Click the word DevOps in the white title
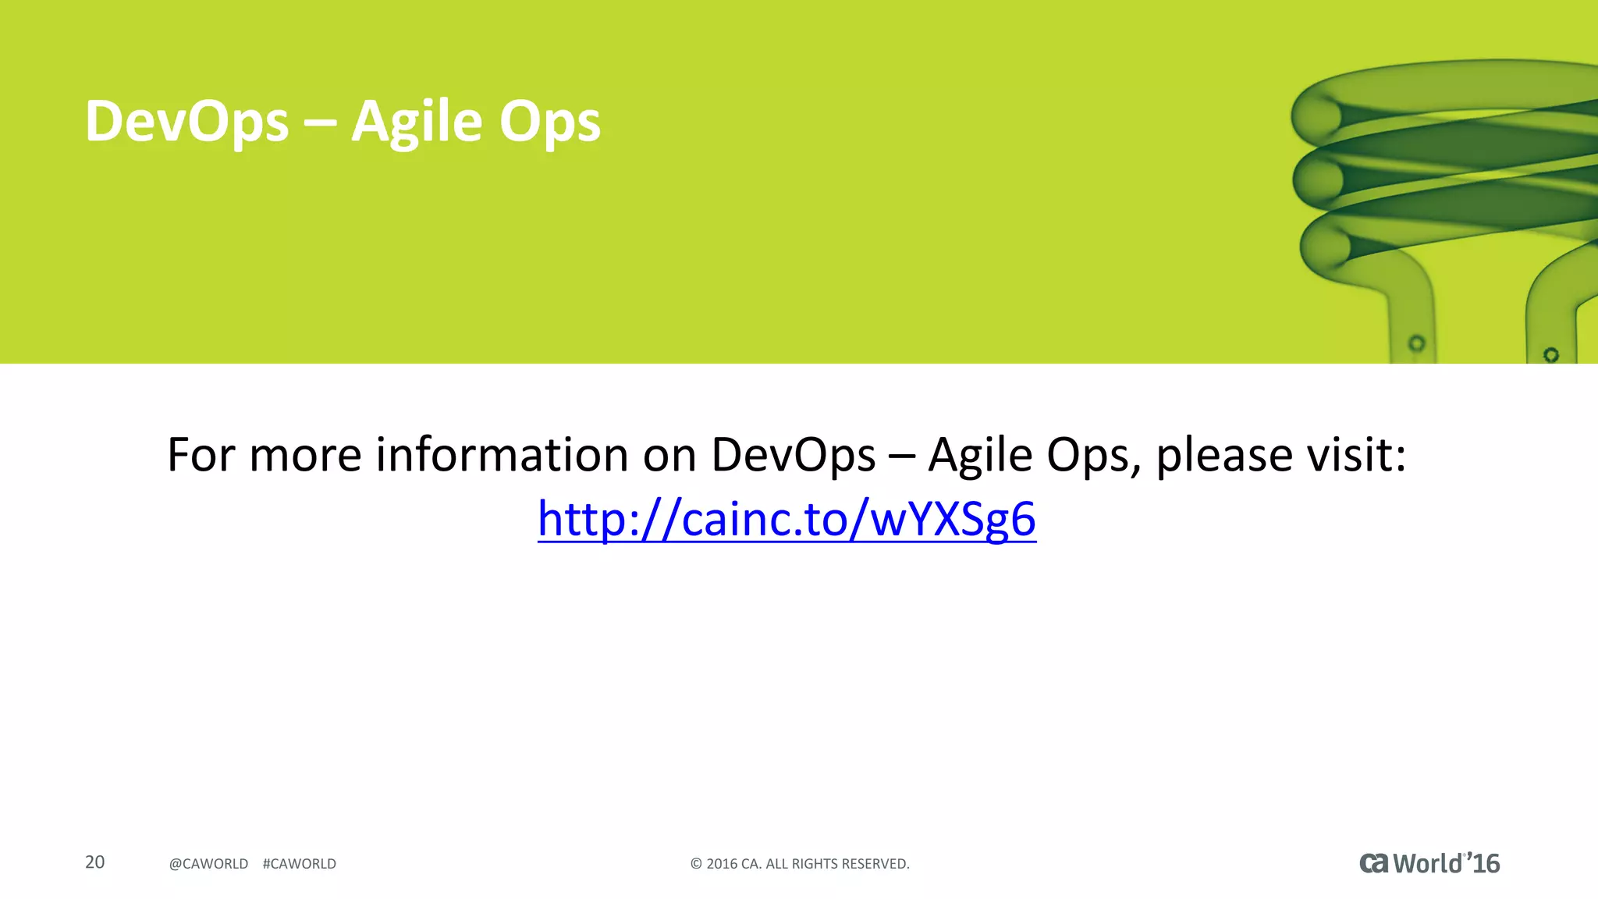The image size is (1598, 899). pyautogui.click(x=186, y=122)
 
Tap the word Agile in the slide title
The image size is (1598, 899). pyautogui.click(x=417, y=122)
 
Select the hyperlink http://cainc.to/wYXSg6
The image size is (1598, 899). pyautogui.click(x=787, y=519)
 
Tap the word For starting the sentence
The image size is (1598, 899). pyautogui.click(x=201, y=454)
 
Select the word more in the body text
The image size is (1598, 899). pyautogui.click(x=305, y=454)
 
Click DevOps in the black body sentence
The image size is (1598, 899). pyautogui.click(x=794, y=454)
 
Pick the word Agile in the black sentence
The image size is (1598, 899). pyautogui.click(x=980, y=454)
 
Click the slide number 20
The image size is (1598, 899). pyautogui.click(x=94, y=862)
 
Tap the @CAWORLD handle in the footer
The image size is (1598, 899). pyautogui.click(x=208, y=864)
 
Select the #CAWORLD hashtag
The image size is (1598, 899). pyautogui.click(x=300, y=864)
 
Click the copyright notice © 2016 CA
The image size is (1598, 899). pyautogui.click(x=800, y=864)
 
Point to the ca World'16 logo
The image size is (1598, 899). pyautogui.click(x=1429, y=863)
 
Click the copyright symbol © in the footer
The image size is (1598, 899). pyautogui.click(x=696, y=864)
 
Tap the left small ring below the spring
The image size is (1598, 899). pyautogui.click(x=1416, y=343)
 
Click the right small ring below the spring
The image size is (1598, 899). pyautogui.click(x=1551, y=355)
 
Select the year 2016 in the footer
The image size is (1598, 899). pyautogui.click(x=722, y=864)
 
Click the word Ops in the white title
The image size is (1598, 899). pyautogui.click(x=550, y=122)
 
